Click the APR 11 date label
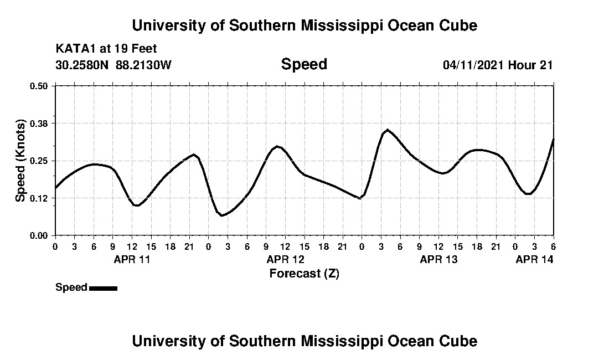click(132, 259)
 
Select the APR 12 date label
click(285, 259)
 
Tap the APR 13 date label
click(438, 259)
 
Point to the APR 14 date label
click(534, 259)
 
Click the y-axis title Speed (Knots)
click(20, 161)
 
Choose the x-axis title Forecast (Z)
click(304, 274)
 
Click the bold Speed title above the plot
click(304, 64)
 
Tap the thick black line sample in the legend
click(103, 288)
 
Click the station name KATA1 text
click(76, 49)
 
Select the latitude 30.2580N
click(83, 65)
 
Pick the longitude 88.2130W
click(143, 65)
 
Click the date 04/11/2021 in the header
click(473, 65)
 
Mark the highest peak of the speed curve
click(387, 130)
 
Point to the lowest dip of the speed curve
click(221, 215)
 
